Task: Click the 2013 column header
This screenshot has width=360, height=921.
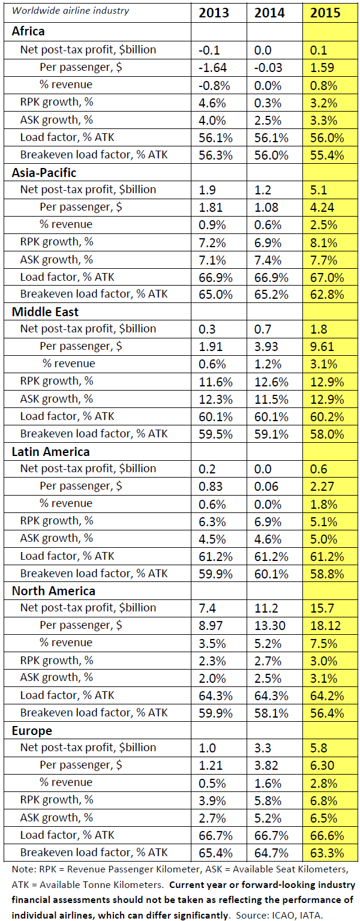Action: [214, 13]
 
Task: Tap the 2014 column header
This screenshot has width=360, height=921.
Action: [269, 13]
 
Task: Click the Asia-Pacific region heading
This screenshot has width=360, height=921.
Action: [45, 173]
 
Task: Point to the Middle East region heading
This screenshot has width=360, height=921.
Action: [45, 312]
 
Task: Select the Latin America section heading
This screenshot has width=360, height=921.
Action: [51, 452]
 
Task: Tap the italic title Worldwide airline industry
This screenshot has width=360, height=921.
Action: [71, 11]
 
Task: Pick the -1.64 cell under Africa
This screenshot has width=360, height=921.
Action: [214, 68]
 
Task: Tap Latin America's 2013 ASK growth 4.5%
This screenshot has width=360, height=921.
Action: [214, 539]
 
